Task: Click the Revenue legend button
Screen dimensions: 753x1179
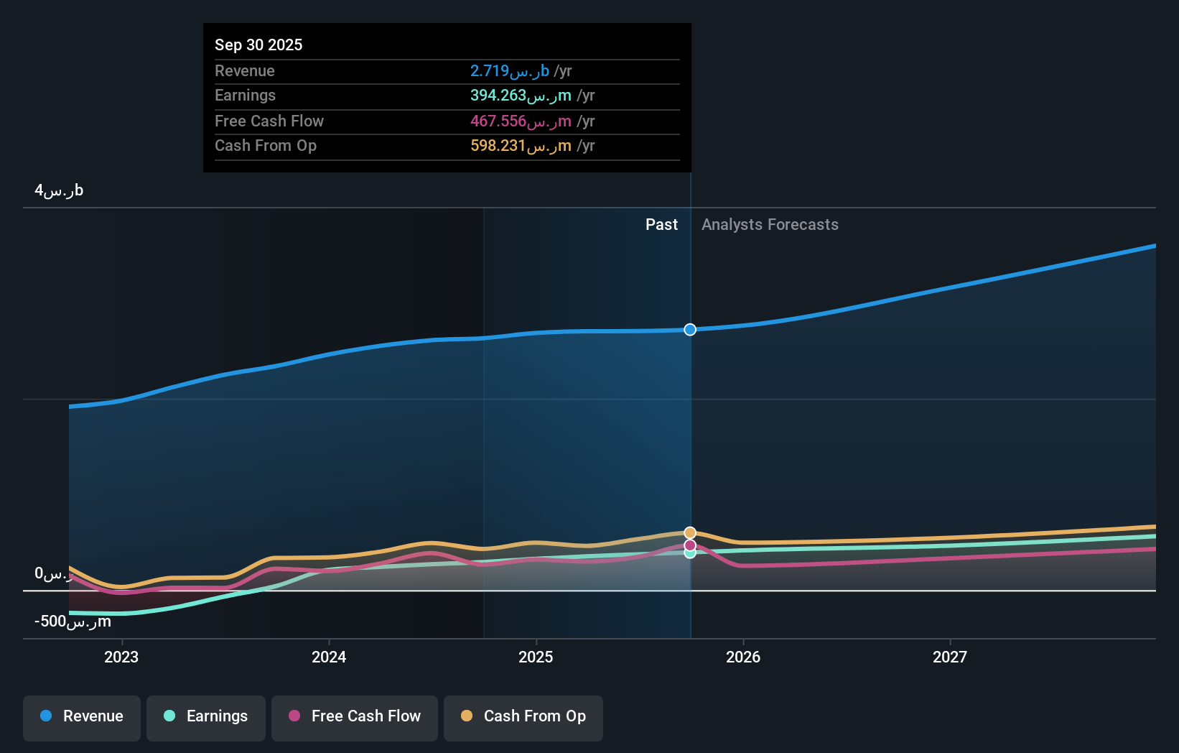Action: tap(82, 716)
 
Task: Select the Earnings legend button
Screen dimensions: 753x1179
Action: tap(206, 716)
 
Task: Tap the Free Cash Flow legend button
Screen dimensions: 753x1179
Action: tap(355, 716)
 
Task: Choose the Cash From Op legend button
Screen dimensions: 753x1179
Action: tap(523, 716)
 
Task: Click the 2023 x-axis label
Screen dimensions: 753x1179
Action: tap(121, 657)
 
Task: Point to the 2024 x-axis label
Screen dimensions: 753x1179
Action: tap(329, 657)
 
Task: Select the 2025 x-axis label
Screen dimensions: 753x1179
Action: tap(536, 657)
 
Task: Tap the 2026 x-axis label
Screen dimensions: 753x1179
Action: tap(743, 657)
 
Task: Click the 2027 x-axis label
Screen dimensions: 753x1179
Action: tap(950, 657)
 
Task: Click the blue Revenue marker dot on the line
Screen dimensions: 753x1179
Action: tap(690, 330)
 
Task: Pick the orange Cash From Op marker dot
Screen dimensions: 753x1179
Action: tap(690, 533)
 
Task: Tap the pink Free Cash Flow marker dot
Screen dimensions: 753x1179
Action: tap(690, 545)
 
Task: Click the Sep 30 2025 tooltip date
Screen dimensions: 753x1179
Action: tap(258, 45)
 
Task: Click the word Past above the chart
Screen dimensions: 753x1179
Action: tap(661, 225)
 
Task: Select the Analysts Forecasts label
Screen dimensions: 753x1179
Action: tap(770, 225)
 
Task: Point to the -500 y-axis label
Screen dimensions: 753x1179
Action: tap(73, 622)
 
